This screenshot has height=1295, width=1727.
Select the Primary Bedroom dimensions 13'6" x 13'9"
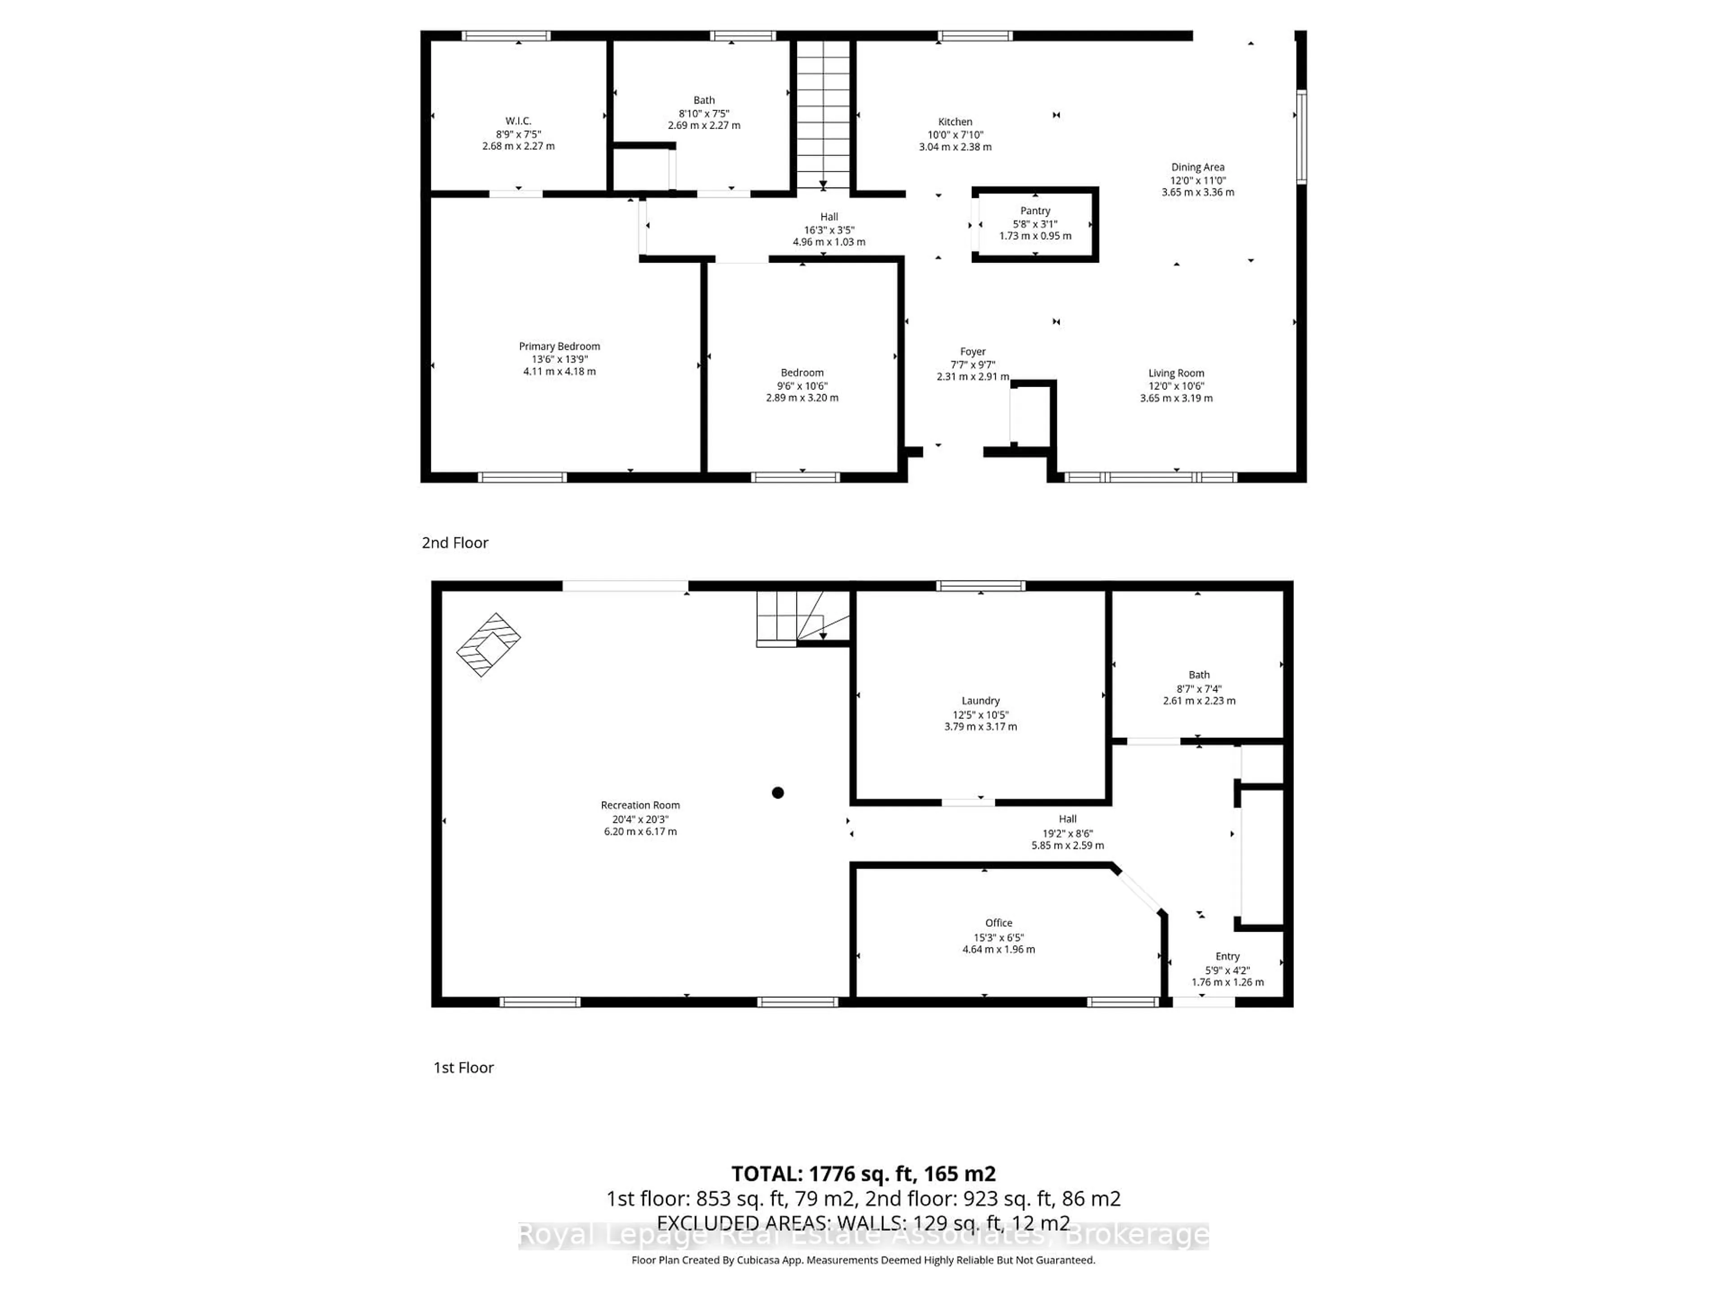click(x=559, y=359)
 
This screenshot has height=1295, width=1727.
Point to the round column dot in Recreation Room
click(x=778, y=793)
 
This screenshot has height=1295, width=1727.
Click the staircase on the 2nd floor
click(x=823, y=113)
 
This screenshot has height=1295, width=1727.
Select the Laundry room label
click(x=980, y=701)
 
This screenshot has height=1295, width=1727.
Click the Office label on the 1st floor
click(x=998, y=923)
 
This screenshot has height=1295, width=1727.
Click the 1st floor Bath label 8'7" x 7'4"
click(x=1199, y=675)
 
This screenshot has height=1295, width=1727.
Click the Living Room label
click(x=1175, y=373)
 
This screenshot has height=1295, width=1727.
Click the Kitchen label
click(x=955, y=122)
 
